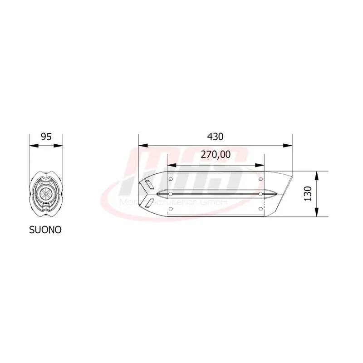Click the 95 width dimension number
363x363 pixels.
pyautogui.click(x=46, y=136)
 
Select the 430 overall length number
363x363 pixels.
pyautogui.click(x=216, y=136)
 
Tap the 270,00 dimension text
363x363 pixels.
pyautogui.click(x=216, y=155)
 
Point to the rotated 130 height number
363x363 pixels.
pyautogui.click(x=308, y=194)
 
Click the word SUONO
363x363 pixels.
pyautogui.click(x=45, y=230)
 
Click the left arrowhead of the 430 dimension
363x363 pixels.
pyautogui.click(x=141, y=146)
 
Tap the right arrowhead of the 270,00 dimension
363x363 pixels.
pyautogui.click(x=262, y=165)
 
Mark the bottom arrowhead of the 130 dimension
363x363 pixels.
pyautogui.click(x=316, y=215)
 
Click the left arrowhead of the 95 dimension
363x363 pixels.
pyautogui.click(x=31, y=146)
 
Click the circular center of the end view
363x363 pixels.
pyautogui.click(x=45, y=193)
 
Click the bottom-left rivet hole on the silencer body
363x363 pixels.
pyautogui.click(x=170, y=209)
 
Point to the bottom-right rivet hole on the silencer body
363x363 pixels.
pyautogui.click(x=260, y=209)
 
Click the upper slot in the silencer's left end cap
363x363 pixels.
pyautogui.click(x=148, y=185)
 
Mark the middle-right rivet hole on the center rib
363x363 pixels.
pyautogui.click(x=260, y=194)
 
